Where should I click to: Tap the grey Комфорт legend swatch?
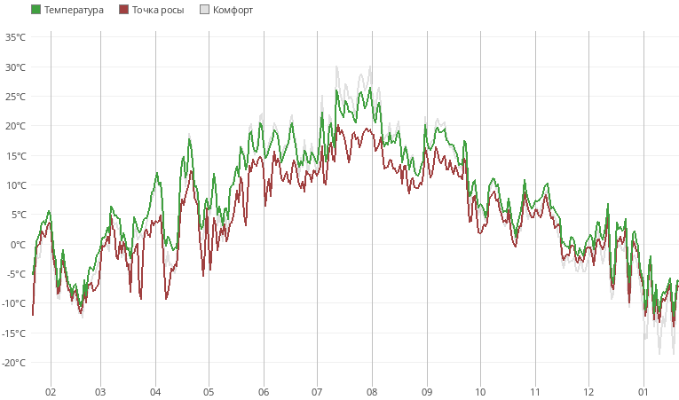(x=205, y=10)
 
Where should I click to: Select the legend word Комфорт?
(x=233, y=10)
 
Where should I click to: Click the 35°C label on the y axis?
(x=15, y=37)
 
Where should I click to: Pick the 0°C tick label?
(x=18, y=244)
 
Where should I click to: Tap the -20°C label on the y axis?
(x=14, y=363)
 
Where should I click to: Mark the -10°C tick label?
(x=14, y=303)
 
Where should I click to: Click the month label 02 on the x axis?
(x=51, y=391)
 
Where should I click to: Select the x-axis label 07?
(x=317, y=391)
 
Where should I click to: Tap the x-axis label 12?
(x=588, y=391)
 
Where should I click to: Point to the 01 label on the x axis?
(x=643, y=391)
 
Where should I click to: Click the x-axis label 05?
(x=209, y=391)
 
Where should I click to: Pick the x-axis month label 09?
(x=426, y=391)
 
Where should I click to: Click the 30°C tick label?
(x=15, y=67)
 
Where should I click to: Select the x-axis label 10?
(x=480, y=391)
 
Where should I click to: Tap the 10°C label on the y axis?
(x=15, y=185)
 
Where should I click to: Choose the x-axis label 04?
(x=155, y=391)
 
